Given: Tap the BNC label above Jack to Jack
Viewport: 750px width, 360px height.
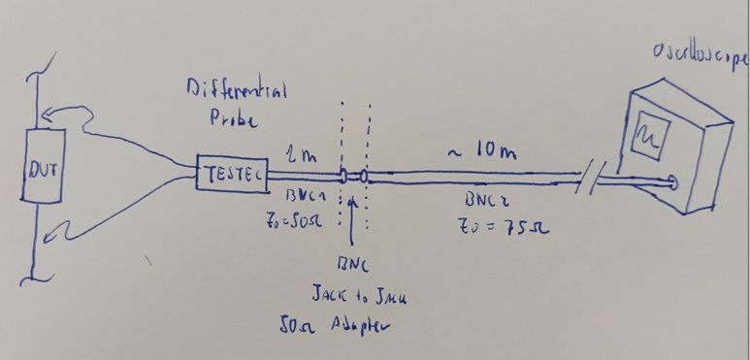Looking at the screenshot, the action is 348,264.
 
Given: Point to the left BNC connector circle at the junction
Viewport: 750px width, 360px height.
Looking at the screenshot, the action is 342,178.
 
